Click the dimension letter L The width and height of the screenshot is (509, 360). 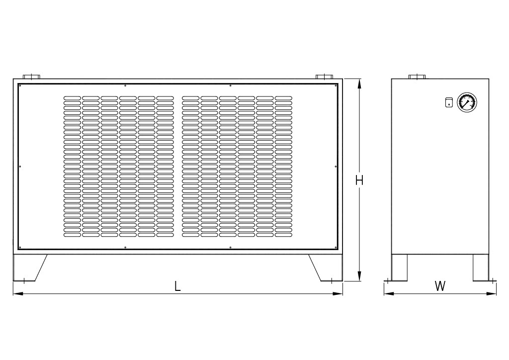click(177, 286)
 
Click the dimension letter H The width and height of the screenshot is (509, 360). click(359, 180)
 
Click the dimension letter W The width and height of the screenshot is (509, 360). click(440, 286)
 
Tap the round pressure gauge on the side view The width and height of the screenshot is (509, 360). click(466, 102)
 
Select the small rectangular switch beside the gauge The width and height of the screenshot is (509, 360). click(449, 102)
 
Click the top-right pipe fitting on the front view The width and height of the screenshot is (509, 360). click(324, 77)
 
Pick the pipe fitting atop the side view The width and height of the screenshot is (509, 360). click(417, 77)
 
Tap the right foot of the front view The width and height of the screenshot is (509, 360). click(328, 268)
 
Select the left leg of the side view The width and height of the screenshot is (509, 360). click(399, 268)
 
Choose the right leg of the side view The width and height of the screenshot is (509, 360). click(481, 268)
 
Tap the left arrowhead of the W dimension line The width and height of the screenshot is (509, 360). click(387, 293)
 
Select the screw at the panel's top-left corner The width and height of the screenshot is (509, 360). click(20, 86)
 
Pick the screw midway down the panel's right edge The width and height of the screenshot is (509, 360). click(336, 166)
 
